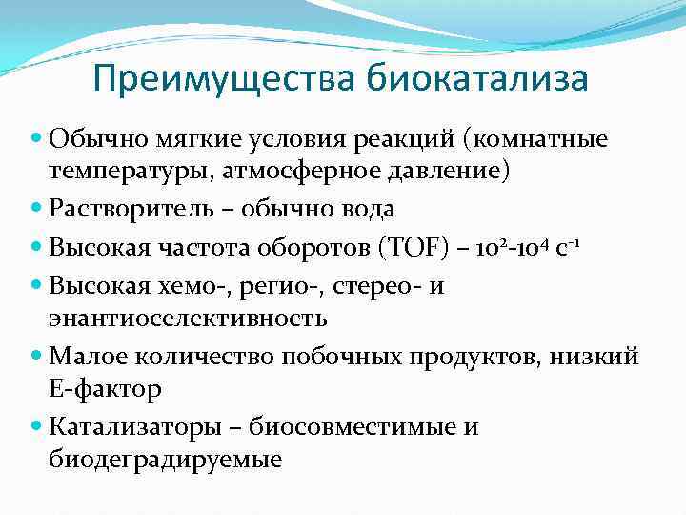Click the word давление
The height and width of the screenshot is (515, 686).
pyautogui.click(x=415, y=172)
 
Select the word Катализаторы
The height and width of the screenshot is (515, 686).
pyautogui.click(x=122, y=425)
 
